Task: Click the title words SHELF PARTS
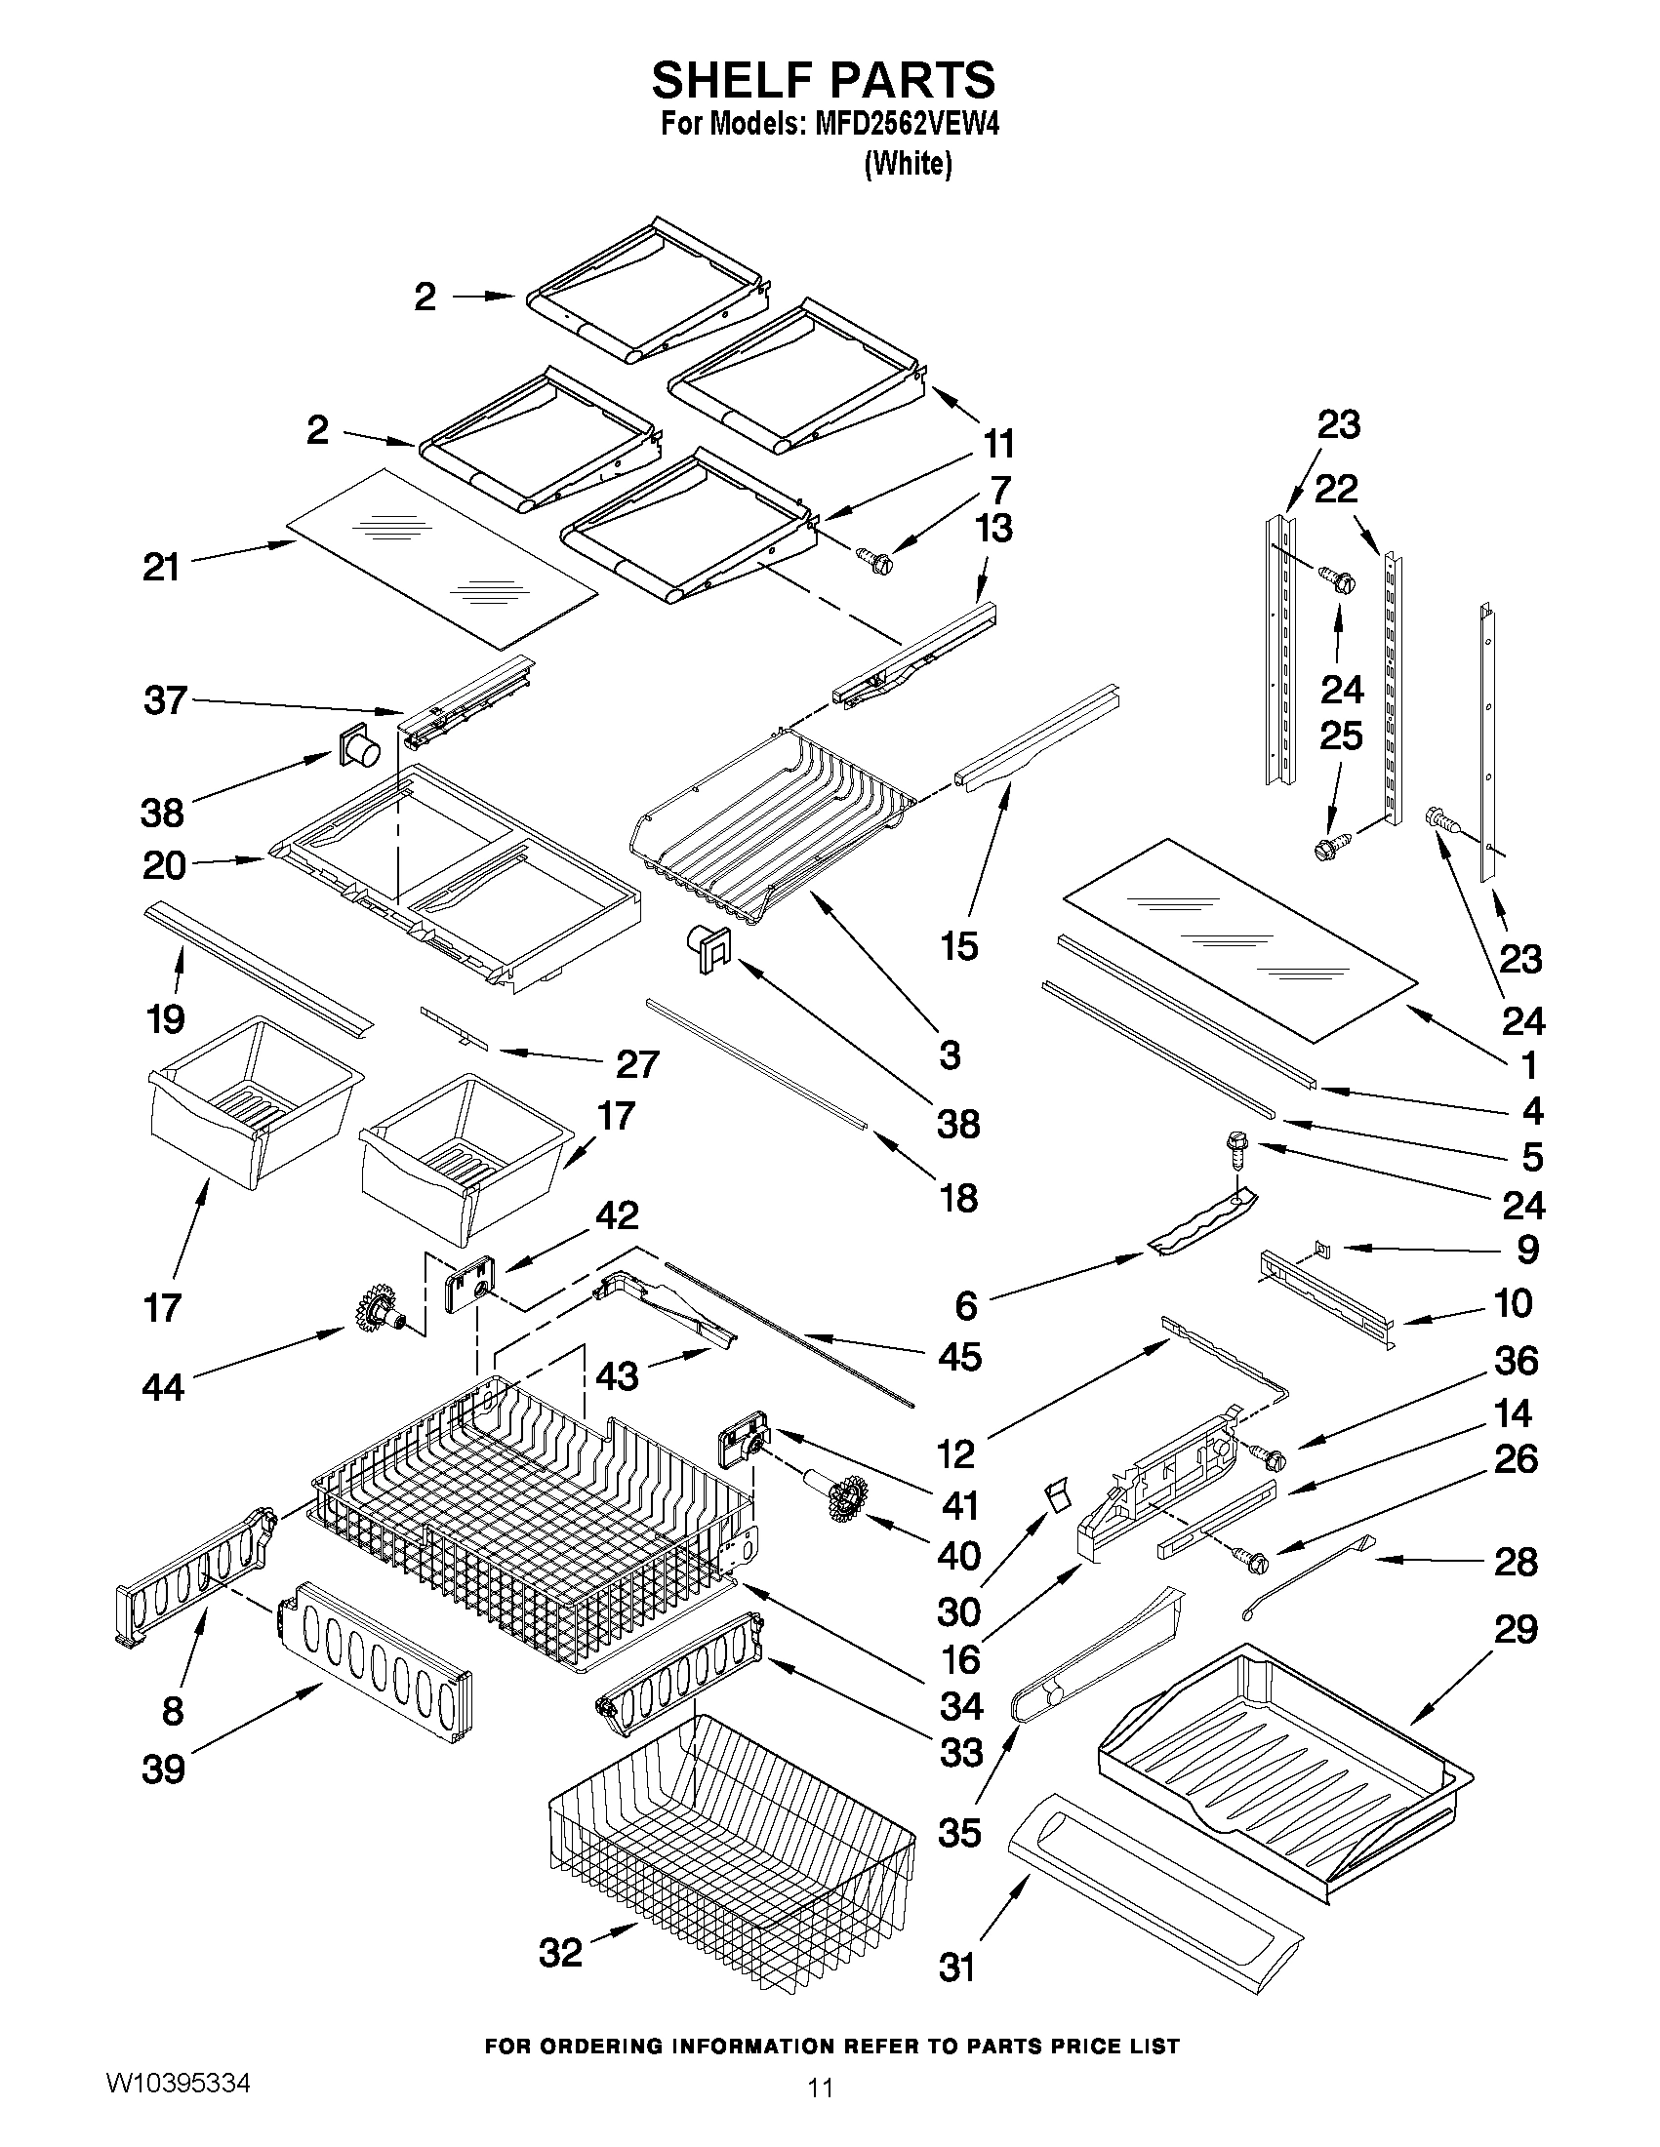click(x=823, y=80)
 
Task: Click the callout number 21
click(x=161, y=567)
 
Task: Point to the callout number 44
click(x=163, y=1387)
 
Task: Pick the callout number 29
click(x=1516, y=1630)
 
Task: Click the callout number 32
click(x=560, y=1952)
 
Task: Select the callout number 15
click(x=959, y=946)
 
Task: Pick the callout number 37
click(x=164, y=701)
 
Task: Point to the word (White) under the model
click(x=908, y=163)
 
